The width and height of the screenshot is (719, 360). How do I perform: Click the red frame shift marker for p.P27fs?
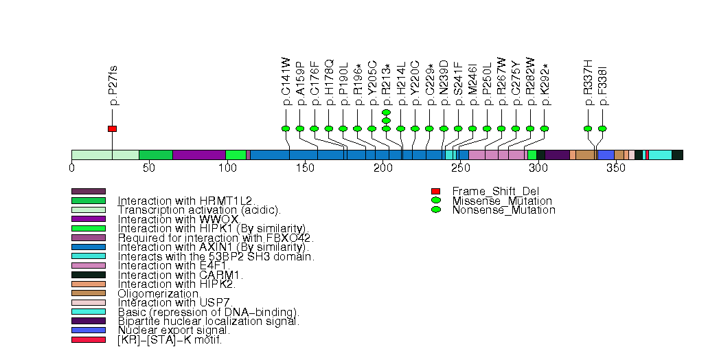coord(112,128)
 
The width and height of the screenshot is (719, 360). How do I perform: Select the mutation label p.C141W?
coord(286,82)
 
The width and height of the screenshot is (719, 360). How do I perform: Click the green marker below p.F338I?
coord(602,128)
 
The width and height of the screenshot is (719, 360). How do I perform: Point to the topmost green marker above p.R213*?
coord(386,112)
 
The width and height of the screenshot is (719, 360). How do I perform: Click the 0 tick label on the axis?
coord(71,168)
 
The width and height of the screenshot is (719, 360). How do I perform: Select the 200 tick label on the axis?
coord(383,168)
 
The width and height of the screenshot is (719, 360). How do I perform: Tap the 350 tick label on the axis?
coord(615,168)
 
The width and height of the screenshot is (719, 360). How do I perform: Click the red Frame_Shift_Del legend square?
coord(435,191)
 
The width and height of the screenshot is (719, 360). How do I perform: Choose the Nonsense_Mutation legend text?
coord(503,210)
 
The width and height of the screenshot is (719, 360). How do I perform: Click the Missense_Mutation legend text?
coord(502,201)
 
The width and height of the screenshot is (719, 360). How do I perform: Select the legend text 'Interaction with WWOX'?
coord(178,218)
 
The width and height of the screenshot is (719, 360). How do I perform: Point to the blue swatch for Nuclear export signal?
coord(89,330)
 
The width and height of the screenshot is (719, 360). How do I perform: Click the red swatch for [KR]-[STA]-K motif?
coord(89,339)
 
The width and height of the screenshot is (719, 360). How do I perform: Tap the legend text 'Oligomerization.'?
coord(155,293)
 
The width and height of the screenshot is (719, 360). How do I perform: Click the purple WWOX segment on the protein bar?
coord(199,155)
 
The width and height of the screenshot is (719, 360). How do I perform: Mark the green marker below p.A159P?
coord(300,128)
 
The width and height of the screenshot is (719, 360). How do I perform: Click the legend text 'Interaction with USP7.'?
coord(175,302)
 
